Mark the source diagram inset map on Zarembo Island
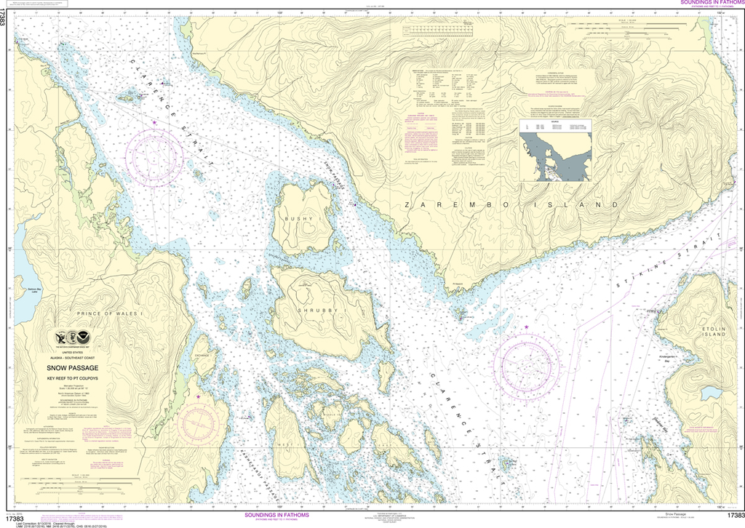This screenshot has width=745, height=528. pos(554,151)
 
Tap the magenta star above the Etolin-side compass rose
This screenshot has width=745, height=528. pos(526,328)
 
